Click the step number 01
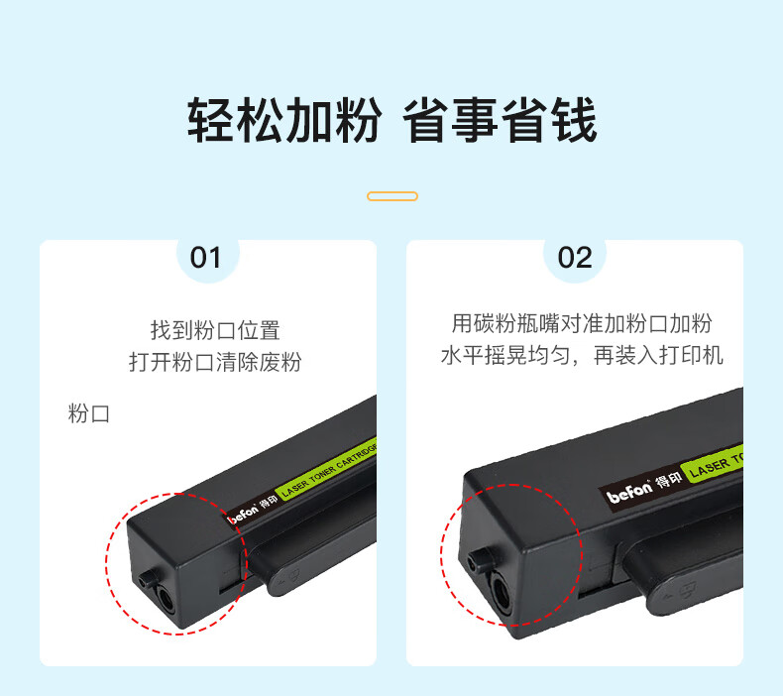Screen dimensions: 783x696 pyautogui.click(x=205, y=258)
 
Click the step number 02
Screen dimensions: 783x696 pyautogui.click(x=575, y=258)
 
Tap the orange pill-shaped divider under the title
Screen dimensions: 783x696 pyautogui.click(x=392, y=196)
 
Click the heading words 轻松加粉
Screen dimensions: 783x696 pyautogui.click(x=284, y=120)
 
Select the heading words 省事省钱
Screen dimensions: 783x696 pyautogui.click(x=500, y=120)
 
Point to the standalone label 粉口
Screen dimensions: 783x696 pyautogui.click(x=89, y=413)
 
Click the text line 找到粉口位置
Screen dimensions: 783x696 pyautogui.click(x=215, y=330)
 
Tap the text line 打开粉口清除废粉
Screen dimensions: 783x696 pyautogui.click(x=215, y=362)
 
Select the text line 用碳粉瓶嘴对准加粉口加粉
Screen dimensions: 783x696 pyautogui.click(x=582, y=323)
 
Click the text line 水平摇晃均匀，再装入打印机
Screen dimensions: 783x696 pyautogui.click(x=582, y=355)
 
